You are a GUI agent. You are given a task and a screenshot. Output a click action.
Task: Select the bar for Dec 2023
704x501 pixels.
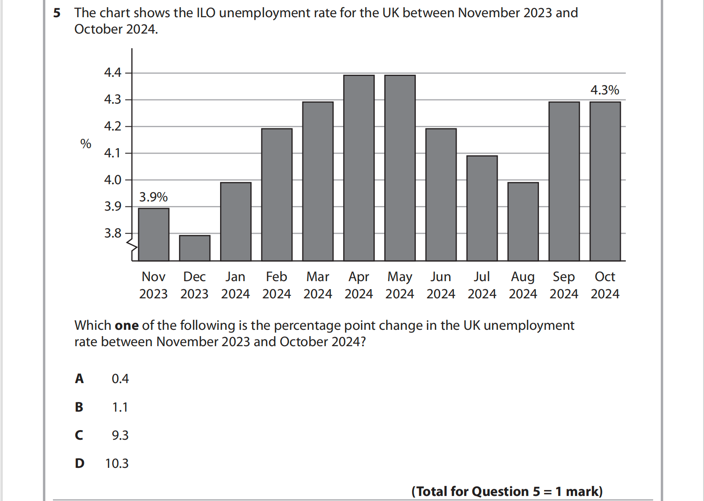coord(194,248)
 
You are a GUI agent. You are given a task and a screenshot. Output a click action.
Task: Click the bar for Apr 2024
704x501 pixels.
coord(359,168)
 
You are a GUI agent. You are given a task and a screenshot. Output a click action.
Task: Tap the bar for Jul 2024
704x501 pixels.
coord(482,208)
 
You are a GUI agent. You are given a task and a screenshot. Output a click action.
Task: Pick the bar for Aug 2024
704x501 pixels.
coord(523,222)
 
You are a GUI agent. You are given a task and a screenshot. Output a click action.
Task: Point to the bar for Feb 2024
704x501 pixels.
coord(277,195)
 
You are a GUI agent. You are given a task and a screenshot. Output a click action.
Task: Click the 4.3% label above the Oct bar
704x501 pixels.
coord(604,90)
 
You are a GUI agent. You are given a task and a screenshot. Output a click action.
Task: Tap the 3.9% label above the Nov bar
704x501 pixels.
coord(153,197)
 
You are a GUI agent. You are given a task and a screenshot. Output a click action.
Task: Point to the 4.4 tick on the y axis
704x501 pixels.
coord(113,73)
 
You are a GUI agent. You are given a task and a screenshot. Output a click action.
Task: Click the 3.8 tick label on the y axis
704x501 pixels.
coord(113,233)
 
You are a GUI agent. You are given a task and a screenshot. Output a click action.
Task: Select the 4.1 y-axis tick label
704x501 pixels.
coord(113,153)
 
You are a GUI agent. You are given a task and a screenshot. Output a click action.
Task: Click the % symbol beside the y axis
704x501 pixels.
coord(86,144)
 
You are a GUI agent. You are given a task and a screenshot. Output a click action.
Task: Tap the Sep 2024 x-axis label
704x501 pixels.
coord(564,285)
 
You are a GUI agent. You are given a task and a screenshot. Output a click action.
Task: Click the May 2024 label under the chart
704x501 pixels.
coord(399,285)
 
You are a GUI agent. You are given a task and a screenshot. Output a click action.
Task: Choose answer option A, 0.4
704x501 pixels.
coord(120,379)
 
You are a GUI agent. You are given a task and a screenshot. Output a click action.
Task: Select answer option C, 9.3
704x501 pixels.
coord(120,436)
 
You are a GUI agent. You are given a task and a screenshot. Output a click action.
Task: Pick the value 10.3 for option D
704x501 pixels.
coord(117,464)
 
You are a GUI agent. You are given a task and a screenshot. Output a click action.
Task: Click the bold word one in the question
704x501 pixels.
coord(126,326)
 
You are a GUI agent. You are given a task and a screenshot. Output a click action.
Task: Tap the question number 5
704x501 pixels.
coord(57,13)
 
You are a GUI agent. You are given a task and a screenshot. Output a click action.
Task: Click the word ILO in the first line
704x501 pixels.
coord(206,13)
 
